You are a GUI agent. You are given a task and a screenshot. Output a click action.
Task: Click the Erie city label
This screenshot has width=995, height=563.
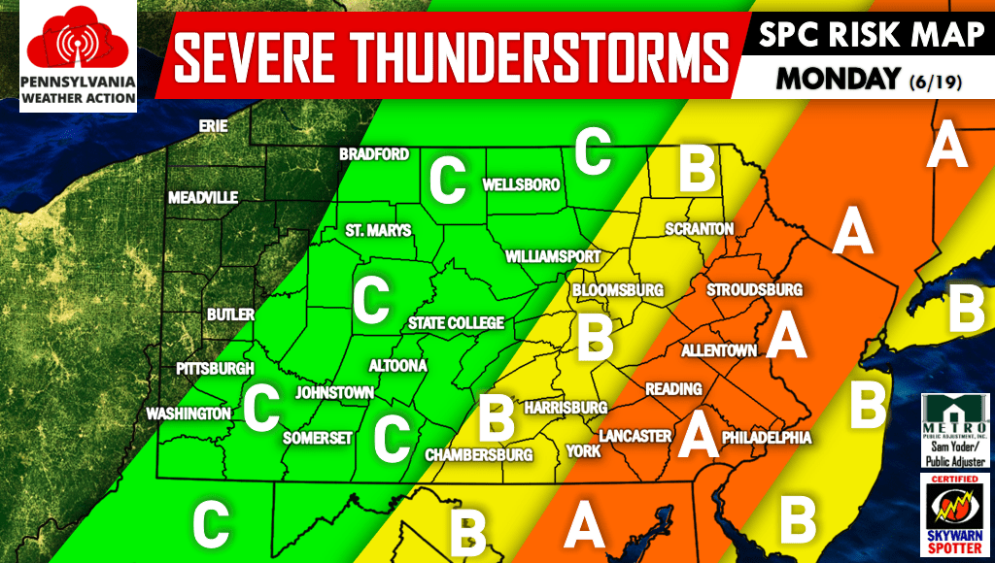pos(213,126)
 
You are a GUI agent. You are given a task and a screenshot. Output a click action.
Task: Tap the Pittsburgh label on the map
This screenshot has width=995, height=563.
pos(215,369)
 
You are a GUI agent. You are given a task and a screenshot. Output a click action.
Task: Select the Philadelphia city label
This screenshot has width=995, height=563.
pos(767,439)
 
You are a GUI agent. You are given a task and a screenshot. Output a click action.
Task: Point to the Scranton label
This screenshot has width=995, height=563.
pos(699,229)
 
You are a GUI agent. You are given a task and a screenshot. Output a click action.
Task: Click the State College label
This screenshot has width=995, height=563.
pos(456,323)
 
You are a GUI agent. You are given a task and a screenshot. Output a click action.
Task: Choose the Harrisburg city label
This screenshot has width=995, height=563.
pos(565,408)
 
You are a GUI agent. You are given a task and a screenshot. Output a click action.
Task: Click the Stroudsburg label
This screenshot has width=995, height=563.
pos(754,290)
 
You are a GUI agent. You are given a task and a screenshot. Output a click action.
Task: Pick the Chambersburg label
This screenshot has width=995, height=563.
pos(480,454)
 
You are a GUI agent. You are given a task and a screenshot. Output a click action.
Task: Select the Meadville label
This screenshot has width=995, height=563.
pos(203,197)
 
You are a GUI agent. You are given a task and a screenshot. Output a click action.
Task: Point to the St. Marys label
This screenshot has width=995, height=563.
pos(379,231)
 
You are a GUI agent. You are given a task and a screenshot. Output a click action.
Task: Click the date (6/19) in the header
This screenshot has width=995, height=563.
pos(936,83)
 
